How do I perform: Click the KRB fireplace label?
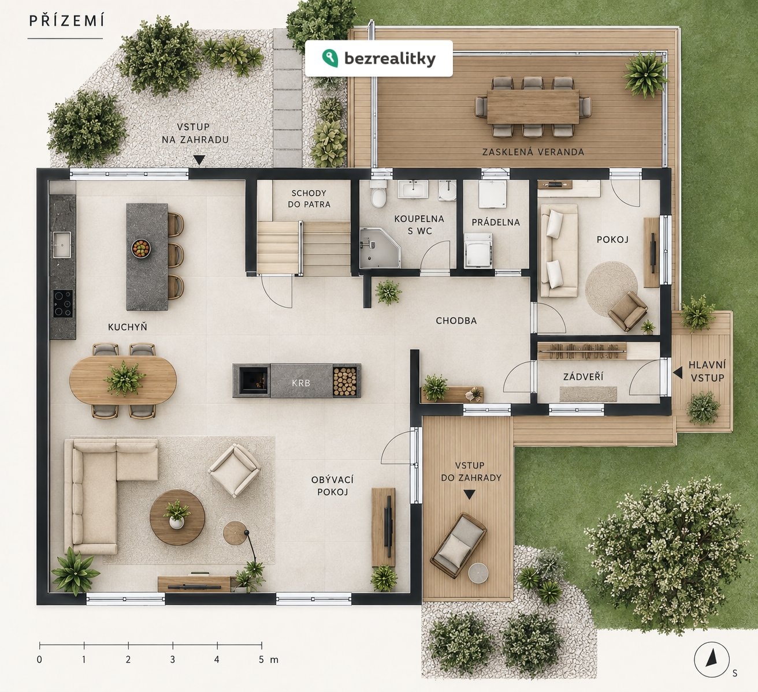pos(301,383)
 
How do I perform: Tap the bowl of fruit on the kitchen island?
pos(141,249)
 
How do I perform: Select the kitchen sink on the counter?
pos(62,245)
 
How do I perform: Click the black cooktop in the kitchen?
pos(63,303)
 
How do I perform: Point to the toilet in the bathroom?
pos(378,194)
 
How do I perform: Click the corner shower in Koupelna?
pos(380,248)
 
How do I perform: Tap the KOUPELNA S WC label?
pos(419,225)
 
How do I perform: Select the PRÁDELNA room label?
pos(495,222)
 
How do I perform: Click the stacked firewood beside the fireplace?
pos(344,381)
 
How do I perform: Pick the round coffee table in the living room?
pos(177,517)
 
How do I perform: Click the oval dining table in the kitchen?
pos(123,380)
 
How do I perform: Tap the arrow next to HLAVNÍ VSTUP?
pos(678,373)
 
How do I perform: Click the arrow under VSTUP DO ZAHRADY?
pos(469,494)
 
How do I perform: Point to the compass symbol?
pos(712,659)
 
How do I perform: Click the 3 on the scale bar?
pos(173,660)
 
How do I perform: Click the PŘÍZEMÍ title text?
pos(66,21)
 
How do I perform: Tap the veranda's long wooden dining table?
pos(533,106)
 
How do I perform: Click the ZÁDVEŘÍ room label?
pos(583,376)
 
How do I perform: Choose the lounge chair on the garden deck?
pos(458,545)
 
